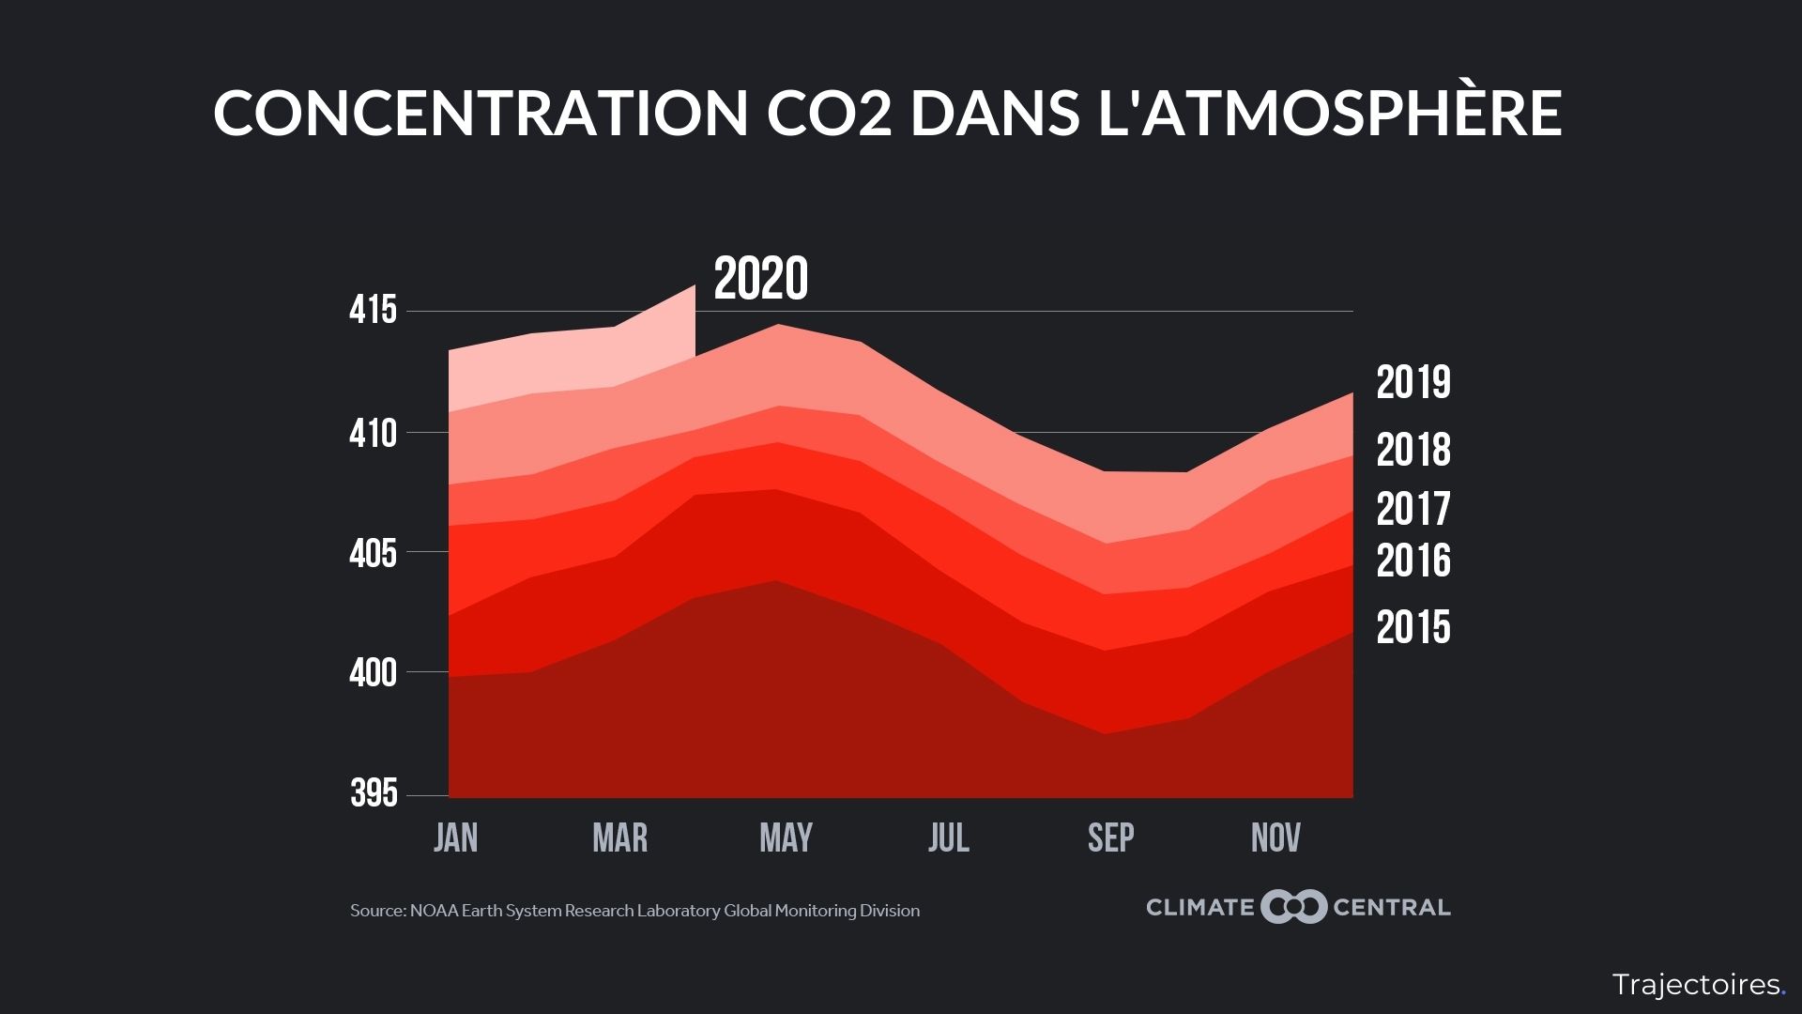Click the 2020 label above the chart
coord(760,279)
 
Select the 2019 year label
coord(1413,383)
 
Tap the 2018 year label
coord(1413,451)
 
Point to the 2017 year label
coord(1413,510)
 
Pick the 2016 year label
coord(1413,561)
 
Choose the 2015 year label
coord(1413,628)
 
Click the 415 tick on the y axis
coord(374,311)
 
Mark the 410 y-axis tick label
coord(374,435)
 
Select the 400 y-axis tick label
coord(374,674)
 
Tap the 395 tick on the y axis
coord(374,794)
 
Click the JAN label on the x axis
coord(456,837)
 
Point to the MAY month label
coord(786,837)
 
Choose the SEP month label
coord(1111,837)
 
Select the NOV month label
coord(1275,837)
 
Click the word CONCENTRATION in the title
coord(480,114)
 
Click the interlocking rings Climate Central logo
coord(1293,907)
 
